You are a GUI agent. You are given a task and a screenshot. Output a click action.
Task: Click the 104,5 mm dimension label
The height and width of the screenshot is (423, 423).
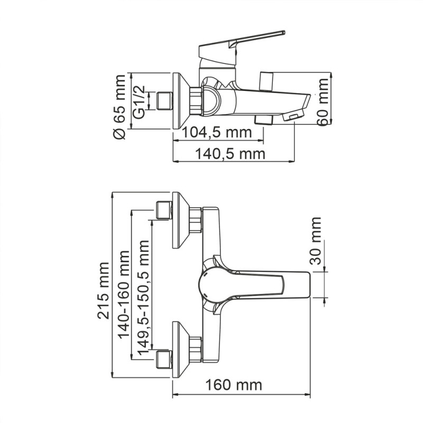click(x=217, y=132)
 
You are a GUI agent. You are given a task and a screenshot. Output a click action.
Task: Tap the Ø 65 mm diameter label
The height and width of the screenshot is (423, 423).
click(x=119, y=107)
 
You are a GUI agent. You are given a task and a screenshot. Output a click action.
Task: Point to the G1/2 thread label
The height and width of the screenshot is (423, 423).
click(x=139, y=100)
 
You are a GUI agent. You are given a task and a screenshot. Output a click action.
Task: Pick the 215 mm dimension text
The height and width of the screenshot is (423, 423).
click(x=105, y=290)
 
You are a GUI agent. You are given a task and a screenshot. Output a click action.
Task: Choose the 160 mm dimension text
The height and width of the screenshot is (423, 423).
click(x=234, y=384)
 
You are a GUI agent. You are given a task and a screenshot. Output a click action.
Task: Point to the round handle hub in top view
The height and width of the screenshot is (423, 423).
click(x=212, y=286)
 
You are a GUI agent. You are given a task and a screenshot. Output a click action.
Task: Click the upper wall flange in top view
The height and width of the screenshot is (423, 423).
click(x=181, y=220)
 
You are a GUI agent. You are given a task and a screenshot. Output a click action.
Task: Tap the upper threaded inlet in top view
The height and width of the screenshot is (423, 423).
click(x=164, y=210)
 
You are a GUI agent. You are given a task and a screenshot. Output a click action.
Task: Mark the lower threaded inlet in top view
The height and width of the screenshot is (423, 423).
click(x=164, y=360)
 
